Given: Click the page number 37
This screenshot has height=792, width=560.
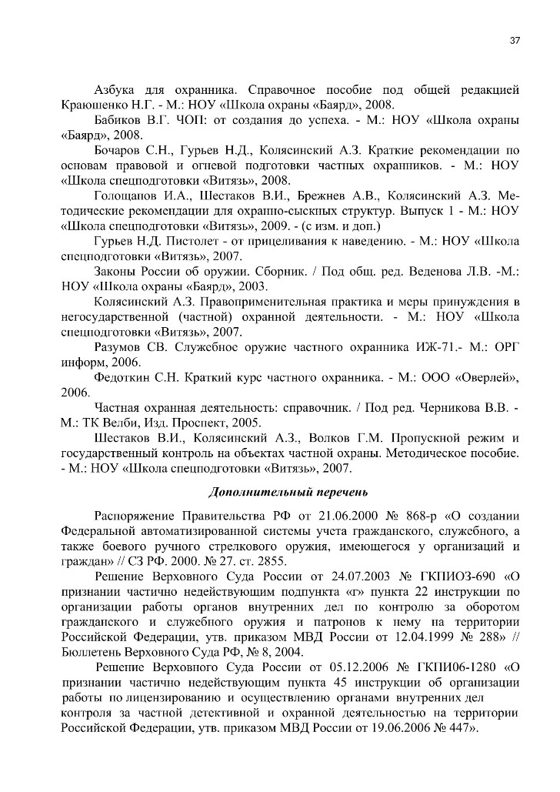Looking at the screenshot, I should coord(515,41).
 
